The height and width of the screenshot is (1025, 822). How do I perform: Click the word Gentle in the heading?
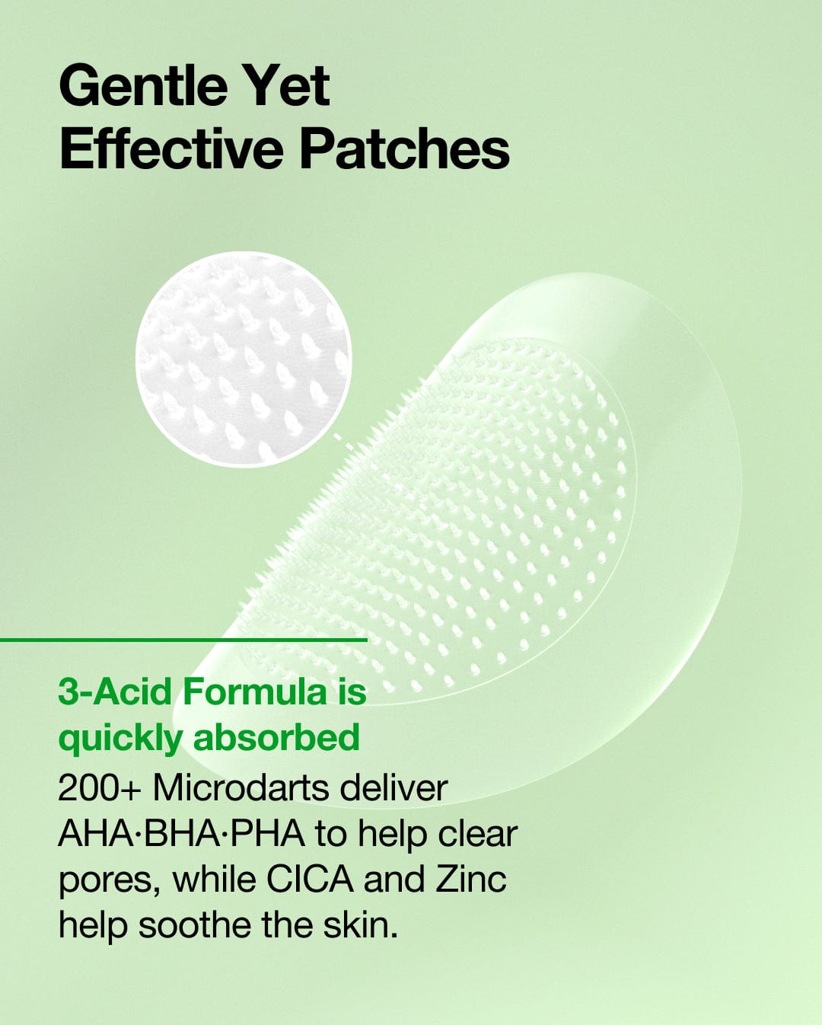tap(142, 85)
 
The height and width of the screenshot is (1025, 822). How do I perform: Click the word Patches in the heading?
tap(404, 148)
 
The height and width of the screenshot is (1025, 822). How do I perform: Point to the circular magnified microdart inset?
tap(244, 359)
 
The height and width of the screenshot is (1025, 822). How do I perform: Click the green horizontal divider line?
tap(183, 640)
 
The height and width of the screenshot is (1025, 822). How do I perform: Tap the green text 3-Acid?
tap(115, 691)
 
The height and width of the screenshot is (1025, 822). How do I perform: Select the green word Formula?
tap(255, 691)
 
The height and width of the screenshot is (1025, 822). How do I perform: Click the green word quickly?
tap(120, 738)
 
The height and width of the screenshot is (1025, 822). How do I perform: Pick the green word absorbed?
tap(276, 738)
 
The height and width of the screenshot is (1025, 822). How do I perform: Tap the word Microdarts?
tap(241, 787)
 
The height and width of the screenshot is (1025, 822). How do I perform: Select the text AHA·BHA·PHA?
tap(181, 833)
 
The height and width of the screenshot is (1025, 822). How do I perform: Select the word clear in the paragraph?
tap(477, 833)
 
